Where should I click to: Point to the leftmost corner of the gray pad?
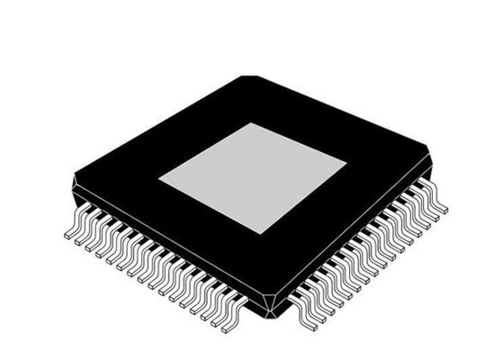click(x=160, y=178)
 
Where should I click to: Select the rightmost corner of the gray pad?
click(x=346, y=163)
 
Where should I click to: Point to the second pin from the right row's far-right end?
click(x=432, y=211)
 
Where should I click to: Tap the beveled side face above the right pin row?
click(x=360, y=243)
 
